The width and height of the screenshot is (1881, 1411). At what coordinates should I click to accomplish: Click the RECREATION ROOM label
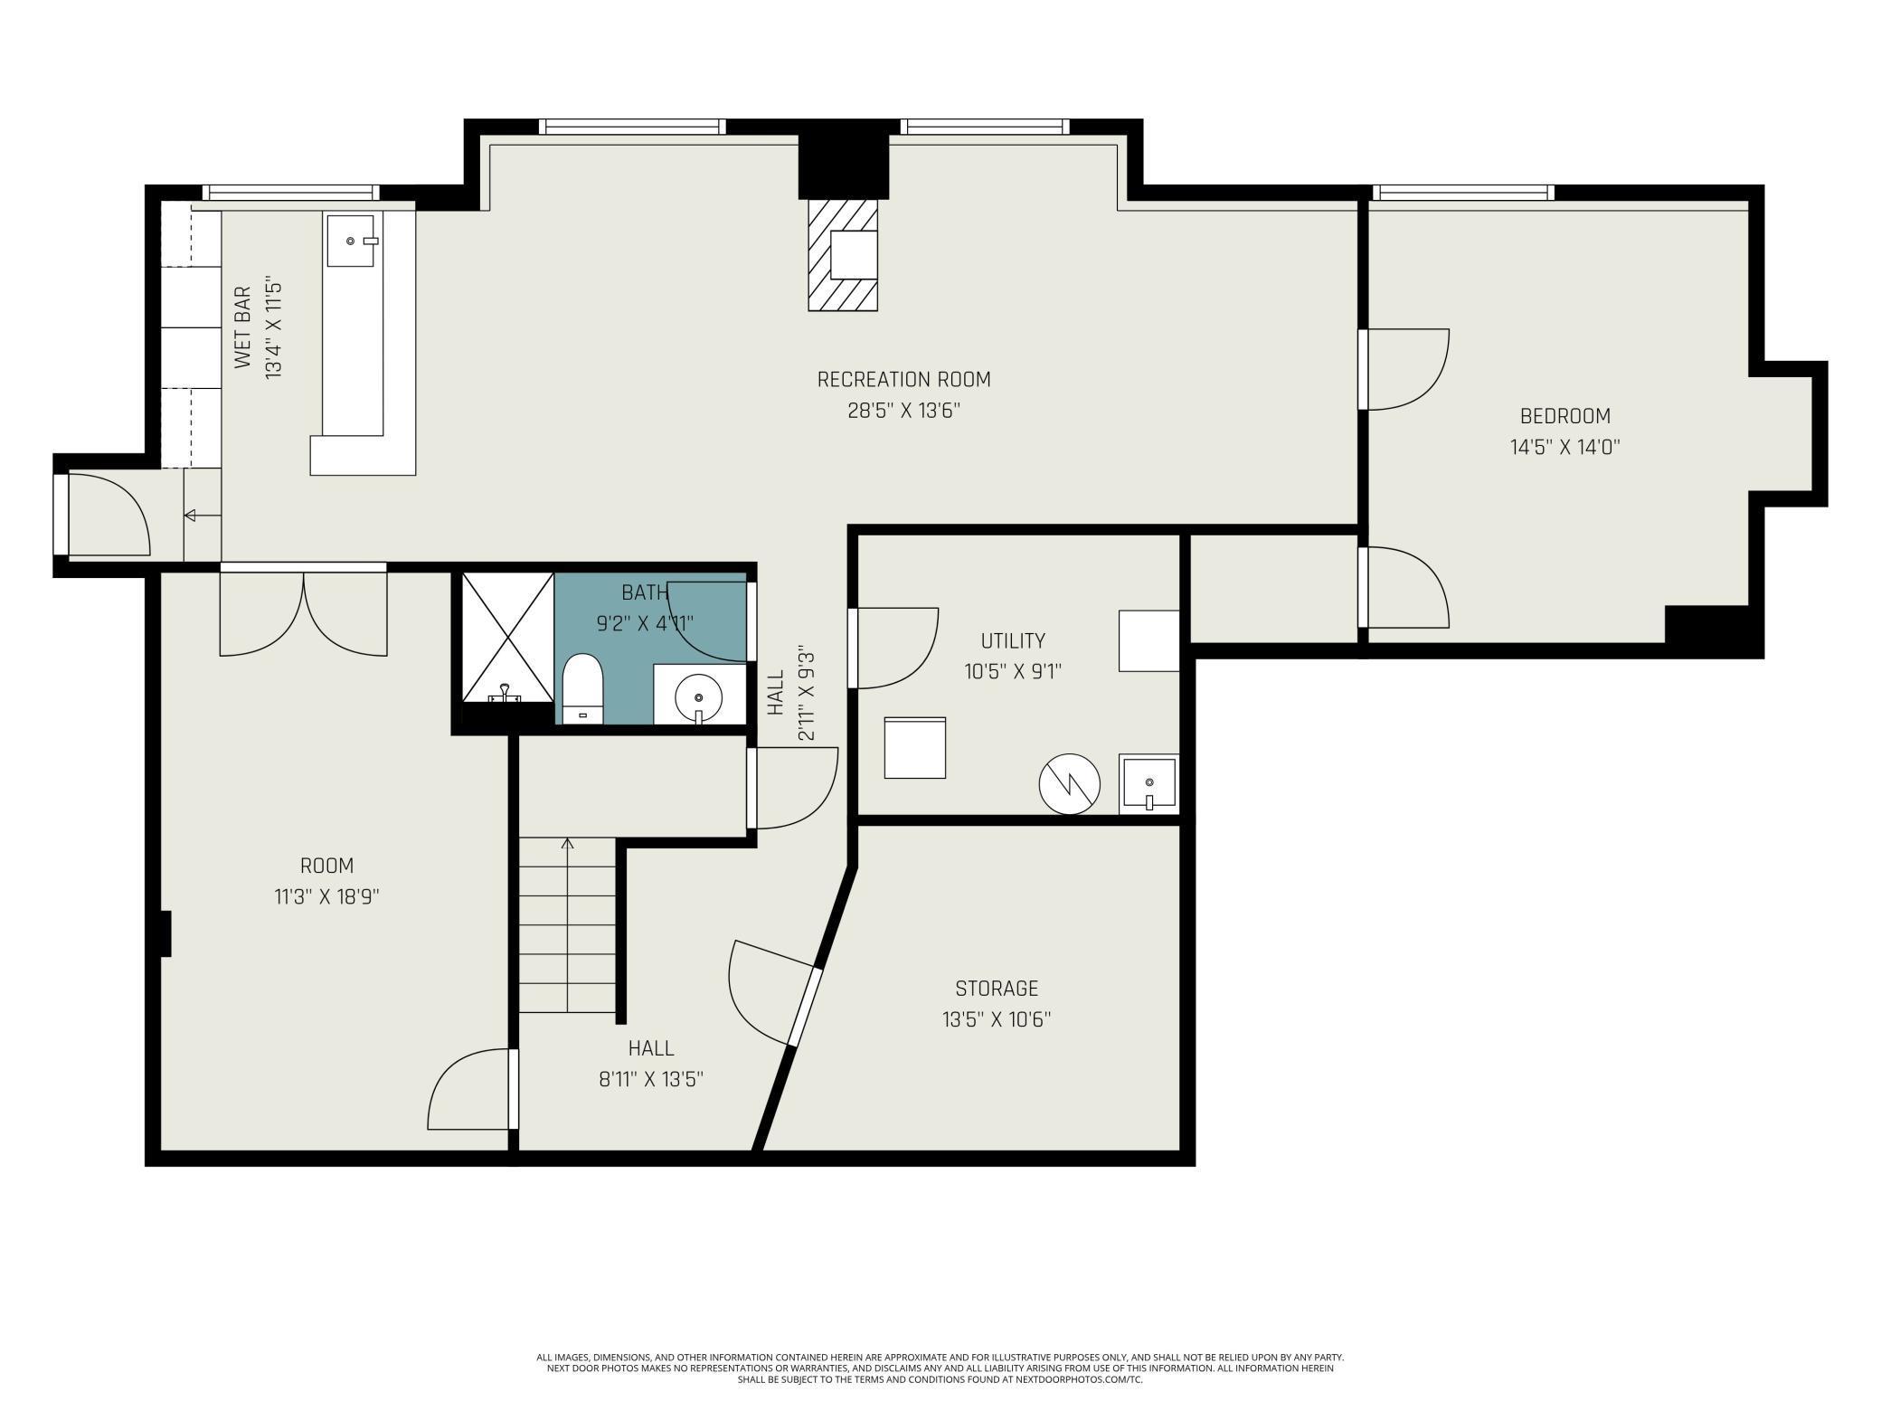tap(903, 379)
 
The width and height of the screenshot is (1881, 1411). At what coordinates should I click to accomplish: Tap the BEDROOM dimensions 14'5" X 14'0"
tap(1564, 447)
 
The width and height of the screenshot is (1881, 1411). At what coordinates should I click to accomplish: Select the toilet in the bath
tap(582, 688)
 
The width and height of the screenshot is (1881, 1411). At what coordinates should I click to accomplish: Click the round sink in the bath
tap(698, 697)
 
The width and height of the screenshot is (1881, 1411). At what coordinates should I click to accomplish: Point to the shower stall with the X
tap(507, 638)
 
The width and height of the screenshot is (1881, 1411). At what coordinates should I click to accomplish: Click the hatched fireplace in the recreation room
tap(843, 255)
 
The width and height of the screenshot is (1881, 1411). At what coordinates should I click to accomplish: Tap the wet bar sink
tap(351, 241)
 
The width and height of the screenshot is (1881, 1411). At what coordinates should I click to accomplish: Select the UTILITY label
tap(1013, 640)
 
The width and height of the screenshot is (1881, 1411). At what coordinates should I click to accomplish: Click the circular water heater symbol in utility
tap(1069, 782)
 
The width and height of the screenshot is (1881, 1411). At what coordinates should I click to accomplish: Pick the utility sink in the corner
tap(1148, 783)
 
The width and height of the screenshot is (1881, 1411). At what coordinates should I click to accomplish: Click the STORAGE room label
tap(997, 989)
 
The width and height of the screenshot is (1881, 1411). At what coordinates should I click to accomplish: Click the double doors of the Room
tap(304, 611)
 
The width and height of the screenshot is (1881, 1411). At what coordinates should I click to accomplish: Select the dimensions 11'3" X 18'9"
tap(326, 897)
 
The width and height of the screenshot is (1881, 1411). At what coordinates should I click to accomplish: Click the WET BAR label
tap(242, 327)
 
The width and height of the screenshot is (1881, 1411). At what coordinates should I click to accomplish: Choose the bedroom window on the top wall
tap(1463, 193)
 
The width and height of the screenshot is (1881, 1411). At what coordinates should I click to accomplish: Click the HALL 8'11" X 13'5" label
tap(651, 1064)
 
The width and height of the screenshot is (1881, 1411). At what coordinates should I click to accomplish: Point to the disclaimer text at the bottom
tap(940, 1368)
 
